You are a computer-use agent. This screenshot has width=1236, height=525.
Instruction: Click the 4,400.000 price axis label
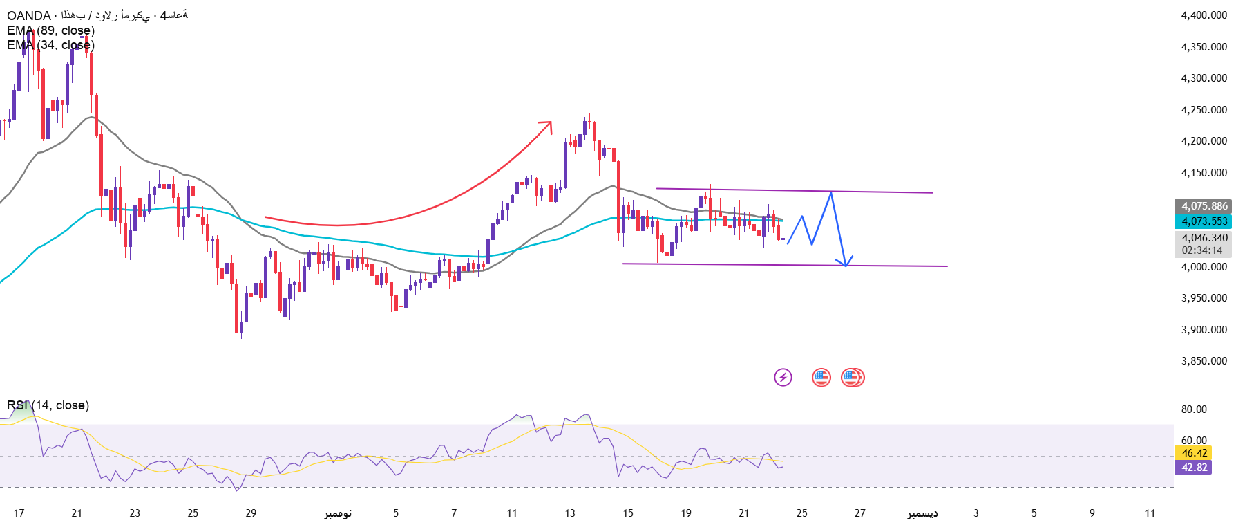1204,15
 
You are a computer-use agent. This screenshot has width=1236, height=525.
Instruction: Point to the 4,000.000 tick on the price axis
1204,267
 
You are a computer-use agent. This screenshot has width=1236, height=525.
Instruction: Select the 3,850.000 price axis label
1204,361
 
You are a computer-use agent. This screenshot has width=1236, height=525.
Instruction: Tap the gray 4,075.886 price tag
1204,206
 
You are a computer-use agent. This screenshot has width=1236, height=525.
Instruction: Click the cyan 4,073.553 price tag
1204,221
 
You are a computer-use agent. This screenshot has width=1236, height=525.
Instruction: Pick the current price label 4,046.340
1204,238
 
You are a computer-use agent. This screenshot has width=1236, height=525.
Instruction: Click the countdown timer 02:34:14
1201,250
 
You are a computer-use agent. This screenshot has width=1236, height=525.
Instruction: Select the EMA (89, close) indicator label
50,30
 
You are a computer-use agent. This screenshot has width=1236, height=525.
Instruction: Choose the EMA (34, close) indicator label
50,45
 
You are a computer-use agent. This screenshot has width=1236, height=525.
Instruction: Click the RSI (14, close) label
48,405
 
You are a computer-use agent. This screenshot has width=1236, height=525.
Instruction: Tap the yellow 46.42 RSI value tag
1194,453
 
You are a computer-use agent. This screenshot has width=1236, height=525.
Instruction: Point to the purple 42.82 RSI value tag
1194,468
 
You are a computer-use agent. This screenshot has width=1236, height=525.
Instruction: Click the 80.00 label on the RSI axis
1193,409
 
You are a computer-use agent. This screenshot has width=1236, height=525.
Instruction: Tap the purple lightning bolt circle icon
783,377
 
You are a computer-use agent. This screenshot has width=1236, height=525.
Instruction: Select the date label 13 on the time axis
570,513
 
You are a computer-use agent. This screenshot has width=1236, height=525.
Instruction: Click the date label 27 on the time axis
859,513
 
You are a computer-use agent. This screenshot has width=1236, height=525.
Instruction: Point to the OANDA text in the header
28,16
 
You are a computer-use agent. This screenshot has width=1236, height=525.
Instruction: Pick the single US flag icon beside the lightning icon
821,377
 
